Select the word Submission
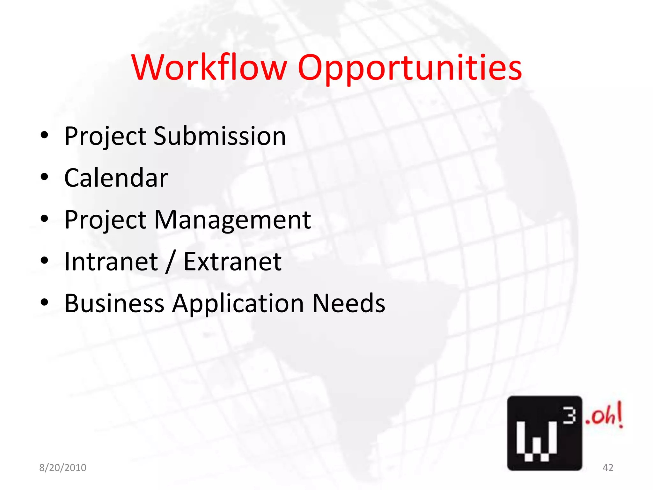tap(220, 136)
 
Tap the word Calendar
tap(116, 178)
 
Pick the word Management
tap(232, 220)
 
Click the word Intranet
tap(111, 262)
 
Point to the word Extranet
tap(232, 262)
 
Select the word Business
tap(114, 303)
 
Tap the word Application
tap(238, 304)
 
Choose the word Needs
tap(349, 303)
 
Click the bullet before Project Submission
tap(44, 135)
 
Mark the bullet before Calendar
tap(44, 177)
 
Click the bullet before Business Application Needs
tap(44, 302)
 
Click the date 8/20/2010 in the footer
tap(63, 468)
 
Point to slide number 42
tap(608, 468)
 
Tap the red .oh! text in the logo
tap(604, 415)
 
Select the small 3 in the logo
tap(569, 416)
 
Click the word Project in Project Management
tap(105, 220)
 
